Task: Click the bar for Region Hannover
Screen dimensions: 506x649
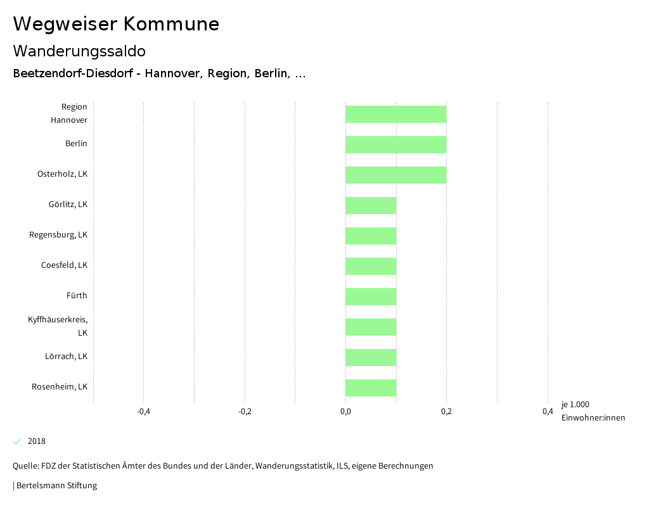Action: pos(395,114)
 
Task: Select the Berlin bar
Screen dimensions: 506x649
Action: pos(395,144)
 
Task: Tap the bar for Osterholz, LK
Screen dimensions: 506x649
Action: pos(395,175)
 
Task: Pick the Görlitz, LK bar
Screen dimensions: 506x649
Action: pos(371,205)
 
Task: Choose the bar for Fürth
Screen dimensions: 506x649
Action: pos(371,296)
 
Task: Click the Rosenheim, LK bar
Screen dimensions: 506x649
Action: pos(371,388)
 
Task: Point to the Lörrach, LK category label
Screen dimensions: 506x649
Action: pos(66,357)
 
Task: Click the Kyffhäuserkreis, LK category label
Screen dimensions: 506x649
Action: pos(58,326)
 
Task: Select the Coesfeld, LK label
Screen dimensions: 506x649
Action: pos(64,265)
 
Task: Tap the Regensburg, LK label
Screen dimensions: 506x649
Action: pos(58,235)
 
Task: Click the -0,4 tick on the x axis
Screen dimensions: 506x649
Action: pos(143,412)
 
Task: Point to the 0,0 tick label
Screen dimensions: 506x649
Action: pos(345,412)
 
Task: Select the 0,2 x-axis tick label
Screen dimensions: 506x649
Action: pos(446,412)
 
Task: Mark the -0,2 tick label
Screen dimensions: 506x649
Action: pos(245,412)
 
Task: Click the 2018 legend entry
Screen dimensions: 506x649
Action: pos(37,441)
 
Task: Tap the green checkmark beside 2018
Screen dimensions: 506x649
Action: pos(17,441)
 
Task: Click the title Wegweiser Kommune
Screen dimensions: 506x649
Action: pos(116,24)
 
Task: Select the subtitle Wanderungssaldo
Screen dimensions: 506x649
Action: pos(79,51)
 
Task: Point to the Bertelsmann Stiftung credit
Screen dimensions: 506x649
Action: pos(56,486)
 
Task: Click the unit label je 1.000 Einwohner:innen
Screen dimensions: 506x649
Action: pos(593,411)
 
